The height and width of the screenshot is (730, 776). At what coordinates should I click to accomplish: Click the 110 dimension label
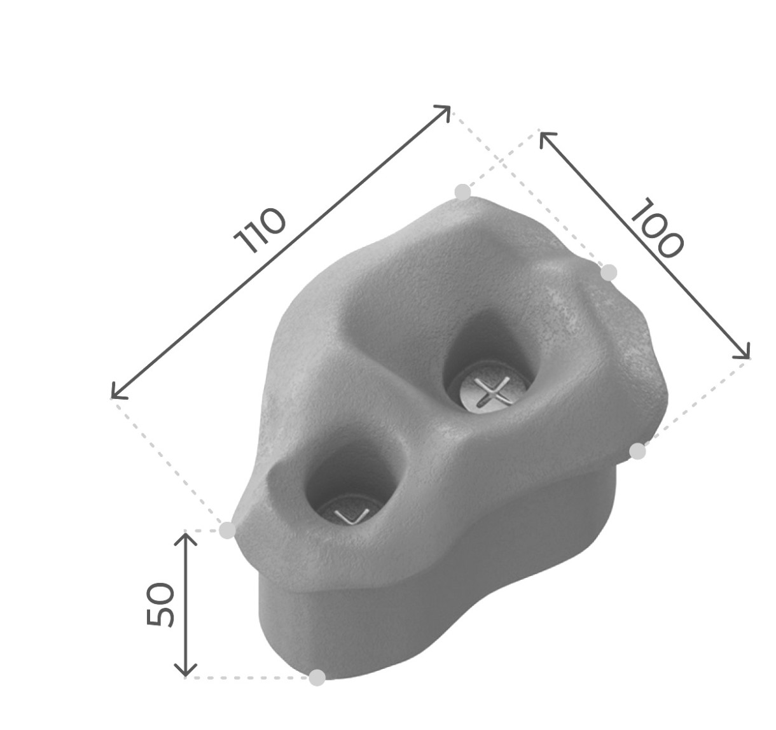point(260,230)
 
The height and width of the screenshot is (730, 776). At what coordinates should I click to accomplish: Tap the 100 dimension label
point(657,228)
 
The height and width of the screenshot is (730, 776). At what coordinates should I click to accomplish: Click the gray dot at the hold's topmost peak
point(463,192)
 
